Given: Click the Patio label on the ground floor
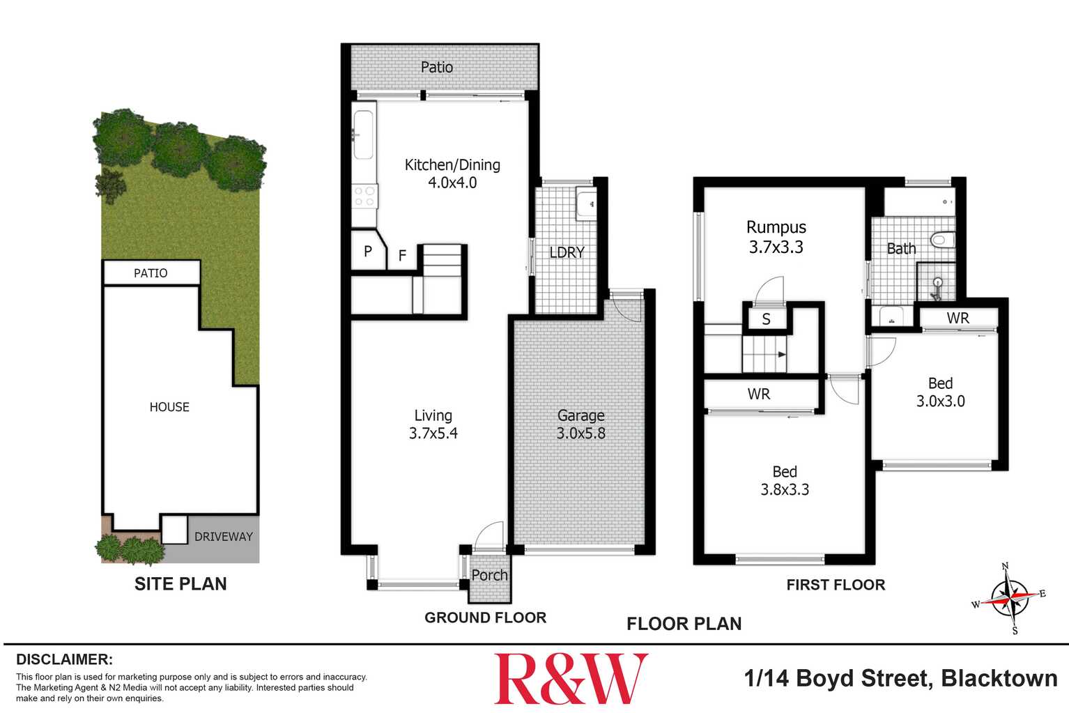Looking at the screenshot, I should pos(437,67).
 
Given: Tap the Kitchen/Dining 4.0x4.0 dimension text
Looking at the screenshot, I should pos(452,183).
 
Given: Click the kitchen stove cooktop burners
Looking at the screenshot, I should pos(364,196).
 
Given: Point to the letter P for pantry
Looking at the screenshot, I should pos(368,251).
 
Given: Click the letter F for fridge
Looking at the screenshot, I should pos(402,256).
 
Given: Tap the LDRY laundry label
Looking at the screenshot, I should pos(567,252).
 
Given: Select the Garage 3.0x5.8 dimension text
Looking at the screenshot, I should pos(580,433).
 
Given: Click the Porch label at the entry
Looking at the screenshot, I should pos(489,575).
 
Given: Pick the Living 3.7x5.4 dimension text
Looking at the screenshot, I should pos(433,433).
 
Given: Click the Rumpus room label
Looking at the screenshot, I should pos(776,227).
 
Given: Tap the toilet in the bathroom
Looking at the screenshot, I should pos(942,240).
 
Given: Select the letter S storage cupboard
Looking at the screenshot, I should pos(766,320).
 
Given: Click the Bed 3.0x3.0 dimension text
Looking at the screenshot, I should pos(940,401).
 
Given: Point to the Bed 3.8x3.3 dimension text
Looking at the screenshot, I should pos(785,489).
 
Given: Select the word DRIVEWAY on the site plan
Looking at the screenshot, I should pos(223,537).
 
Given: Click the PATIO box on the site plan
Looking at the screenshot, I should pos(151,273).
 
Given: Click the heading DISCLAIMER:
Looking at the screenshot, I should pos(64,659).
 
